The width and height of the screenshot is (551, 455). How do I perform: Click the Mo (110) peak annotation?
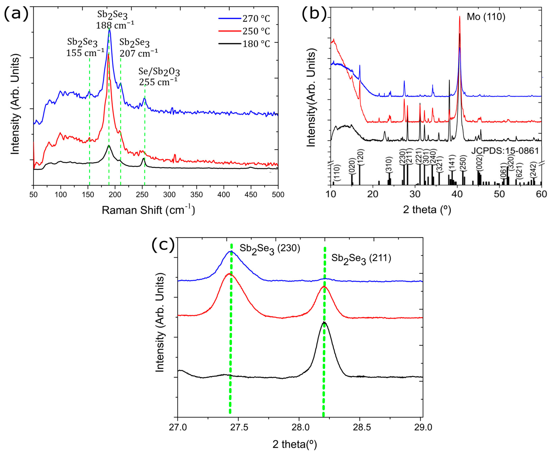(x=486, y=17)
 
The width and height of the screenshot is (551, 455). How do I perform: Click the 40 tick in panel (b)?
(x=457, y=194)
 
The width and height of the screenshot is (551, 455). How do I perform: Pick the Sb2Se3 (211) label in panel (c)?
(x=361, y=259)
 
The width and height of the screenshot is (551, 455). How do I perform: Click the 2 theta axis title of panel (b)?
(x=427, y=210)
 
